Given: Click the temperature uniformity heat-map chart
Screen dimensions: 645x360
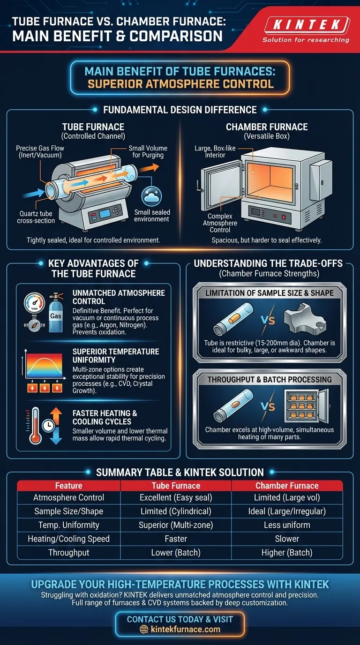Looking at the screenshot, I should (x=45, y=368).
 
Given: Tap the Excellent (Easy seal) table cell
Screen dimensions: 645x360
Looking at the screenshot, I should (x=176, y=497).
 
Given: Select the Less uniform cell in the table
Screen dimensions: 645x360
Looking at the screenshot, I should (x=287, y=525).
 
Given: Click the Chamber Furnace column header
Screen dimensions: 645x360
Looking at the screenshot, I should (x=287, y=486).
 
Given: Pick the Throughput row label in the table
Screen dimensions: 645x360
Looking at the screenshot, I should (x=69, y=552).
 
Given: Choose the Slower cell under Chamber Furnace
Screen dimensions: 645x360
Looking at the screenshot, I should (x=287, y=539).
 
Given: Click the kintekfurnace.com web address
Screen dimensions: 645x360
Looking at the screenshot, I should (x=186, y=630).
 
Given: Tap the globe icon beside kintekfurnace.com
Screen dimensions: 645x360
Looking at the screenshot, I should (x=144, y=630).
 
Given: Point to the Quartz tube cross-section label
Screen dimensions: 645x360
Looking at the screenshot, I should (x=36, y=217).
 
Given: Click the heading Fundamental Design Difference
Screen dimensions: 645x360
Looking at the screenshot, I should (x=180, y=110).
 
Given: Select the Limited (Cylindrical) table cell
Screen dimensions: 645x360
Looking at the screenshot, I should (x=176, y=511).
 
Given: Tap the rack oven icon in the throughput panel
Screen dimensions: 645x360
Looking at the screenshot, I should (x=305, y=407).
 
